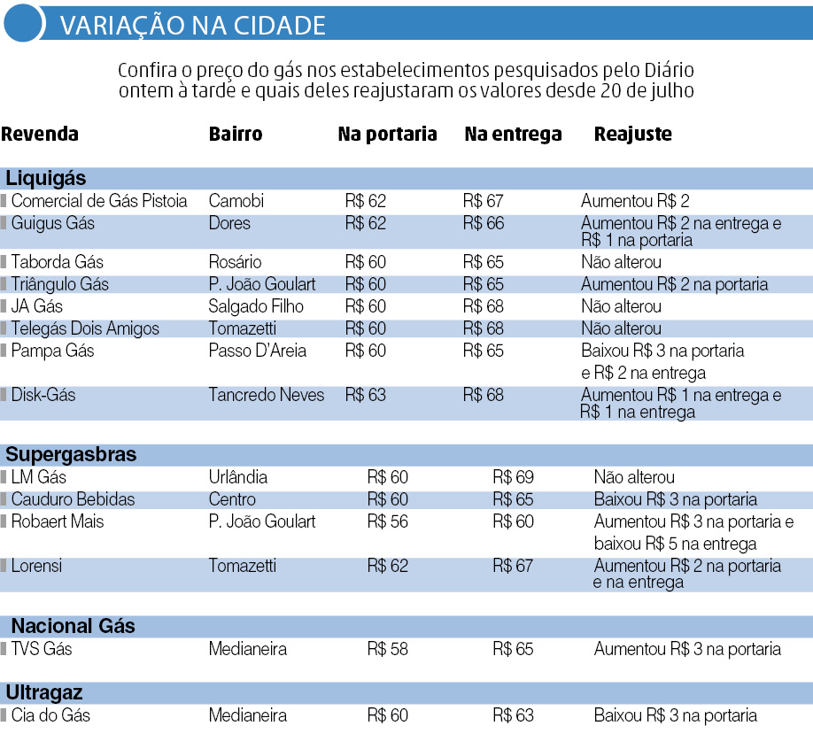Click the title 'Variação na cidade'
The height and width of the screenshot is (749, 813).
pyautogui.click(x=192, y=26)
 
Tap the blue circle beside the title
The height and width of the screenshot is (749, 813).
pyautogui.click(x=23, y=24)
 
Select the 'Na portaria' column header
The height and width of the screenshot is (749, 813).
pyautogui.click(x=387, y=135)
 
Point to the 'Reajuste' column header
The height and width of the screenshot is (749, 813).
pyautogui.click(x=632, y=135)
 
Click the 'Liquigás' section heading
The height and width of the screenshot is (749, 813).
pyautogui.click(x=46, y=178)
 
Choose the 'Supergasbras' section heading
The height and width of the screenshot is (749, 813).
pyautogui.click(x=71, y=455)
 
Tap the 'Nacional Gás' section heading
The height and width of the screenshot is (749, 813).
pyautogui.click(x=73, y=626)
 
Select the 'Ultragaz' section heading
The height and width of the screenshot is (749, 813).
pyautogui.click(x=44, y=692)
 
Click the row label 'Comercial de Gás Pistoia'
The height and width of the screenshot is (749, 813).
pyautogui.click(x=98, y=201)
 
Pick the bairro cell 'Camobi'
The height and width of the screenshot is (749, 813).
pyautogui.click(x=236, y=201)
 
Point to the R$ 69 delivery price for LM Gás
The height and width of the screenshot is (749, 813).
pyautogui.click(x=513, y=477)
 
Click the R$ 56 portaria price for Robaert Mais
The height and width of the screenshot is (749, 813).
pyautogui.click(x=388, y=521)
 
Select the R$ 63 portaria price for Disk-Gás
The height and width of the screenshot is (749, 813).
pyautogui.click(x=365, y=395)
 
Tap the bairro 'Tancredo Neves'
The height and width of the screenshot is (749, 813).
pyautogui.click(x=267, y=395)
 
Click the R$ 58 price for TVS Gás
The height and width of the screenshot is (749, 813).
pyautogui.click(x=388, y=649)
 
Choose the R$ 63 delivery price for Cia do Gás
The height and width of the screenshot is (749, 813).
pyautogui.click(x=513, y=715)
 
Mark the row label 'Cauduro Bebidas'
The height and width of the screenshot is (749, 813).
pyautogui.click(x=73, y=499)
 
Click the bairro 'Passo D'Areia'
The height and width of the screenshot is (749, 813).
pyautogui.click(x=257, y=351)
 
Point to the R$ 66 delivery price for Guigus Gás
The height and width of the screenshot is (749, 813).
pyautogui.click(x=483, y=223)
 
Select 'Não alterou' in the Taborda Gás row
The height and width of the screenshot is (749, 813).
pyautogui.click(x=621, y=262)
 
